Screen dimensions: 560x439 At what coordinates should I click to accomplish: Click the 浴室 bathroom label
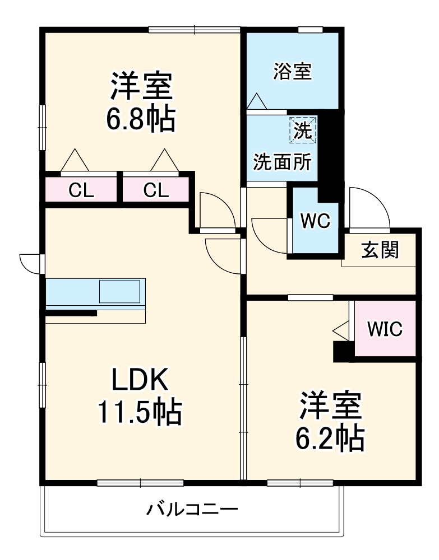pos(292,72)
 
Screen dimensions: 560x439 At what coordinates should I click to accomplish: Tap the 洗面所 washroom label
pos(281,162)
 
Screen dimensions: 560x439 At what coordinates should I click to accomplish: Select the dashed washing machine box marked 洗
pos(303,130)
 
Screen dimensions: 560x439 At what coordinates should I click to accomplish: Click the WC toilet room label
pos(315,221)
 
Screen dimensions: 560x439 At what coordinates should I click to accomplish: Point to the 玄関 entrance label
pos(380,250)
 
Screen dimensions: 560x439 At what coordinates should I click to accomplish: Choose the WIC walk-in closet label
pos(385,329)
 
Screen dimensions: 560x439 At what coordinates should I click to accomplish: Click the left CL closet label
pos(81,191)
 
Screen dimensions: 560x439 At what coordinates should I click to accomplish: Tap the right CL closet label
pos(155,191)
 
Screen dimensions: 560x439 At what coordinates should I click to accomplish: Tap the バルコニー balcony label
pos(192,510)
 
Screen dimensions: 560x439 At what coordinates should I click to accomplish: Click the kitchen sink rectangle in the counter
pos(119,291)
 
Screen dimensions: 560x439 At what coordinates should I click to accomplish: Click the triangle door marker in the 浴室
pos(257,101)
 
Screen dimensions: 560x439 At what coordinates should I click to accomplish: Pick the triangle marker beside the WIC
pos(340,330)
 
